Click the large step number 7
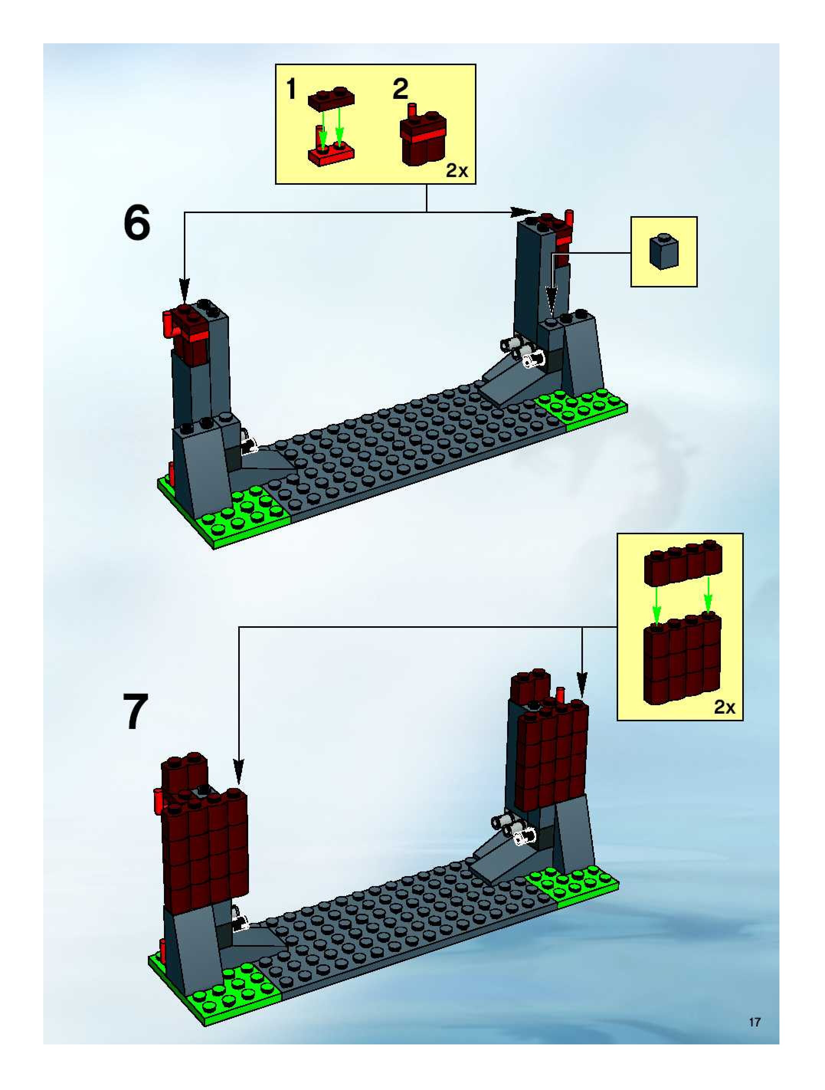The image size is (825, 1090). tap(135, 712)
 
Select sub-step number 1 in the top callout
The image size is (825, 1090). tap(291, 90)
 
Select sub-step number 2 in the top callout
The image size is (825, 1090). tap(400, 90)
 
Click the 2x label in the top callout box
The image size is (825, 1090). tap(457, 171)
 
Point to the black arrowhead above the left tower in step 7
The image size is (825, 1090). tap(238, 771)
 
